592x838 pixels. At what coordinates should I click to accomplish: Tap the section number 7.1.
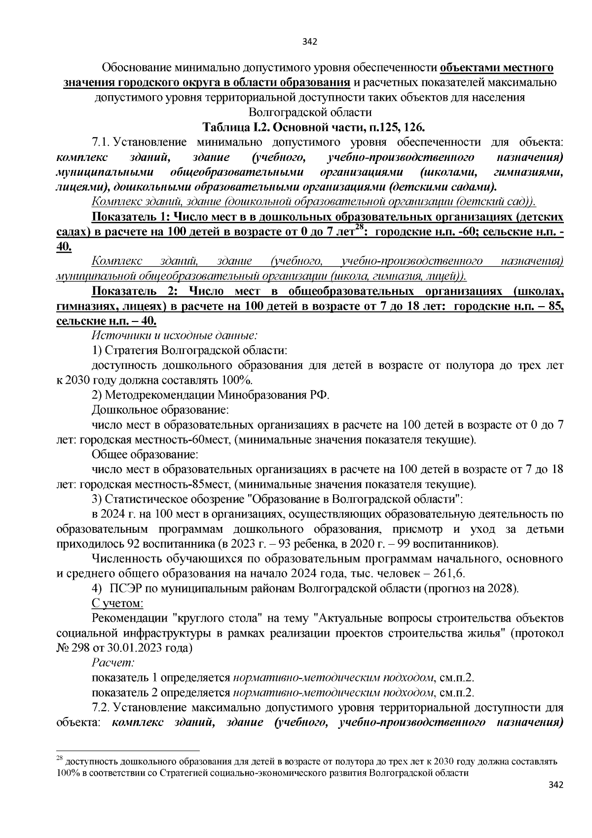click(102, 143)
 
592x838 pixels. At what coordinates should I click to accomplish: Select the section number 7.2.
click(102, 708)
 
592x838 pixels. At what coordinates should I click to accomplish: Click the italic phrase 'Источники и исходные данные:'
click(175, 336)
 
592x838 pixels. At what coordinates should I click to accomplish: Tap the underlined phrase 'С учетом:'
click(117, 603)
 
